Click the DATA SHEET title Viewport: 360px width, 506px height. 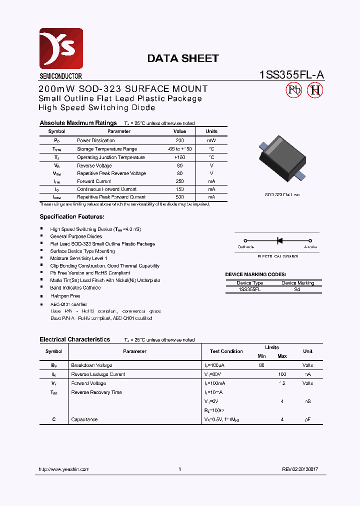click(x=182, y=58)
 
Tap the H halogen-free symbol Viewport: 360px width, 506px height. click(x=315, y=90)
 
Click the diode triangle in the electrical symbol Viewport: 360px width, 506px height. click(x=279, y=240)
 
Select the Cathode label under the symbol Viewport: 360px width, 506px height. click(x=245, y=247)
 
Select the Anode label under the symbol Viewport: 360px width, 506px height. click(x=310, y=247)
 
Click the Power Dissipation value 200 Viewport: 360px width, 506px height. click(x=179, y=141)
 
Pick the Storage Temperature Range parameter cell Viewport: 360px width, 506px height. click(x=106, y=149)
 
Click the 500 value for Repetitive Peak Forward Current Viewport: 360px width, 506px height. click(x=179, y=197)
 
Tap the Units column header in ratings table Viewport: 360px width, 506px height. click(x=211, y=131)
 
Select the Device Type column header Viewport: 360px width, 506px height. click(x=250, y=283)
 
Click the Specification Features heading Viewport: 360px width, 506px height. click(x=72, y=217)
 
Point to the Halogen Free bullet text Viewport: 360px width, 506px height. click(x=65, y=296)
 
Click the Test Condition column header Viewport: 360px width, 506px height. click(x=226, y=351)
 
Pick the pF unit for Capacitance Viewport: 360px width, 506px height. click(x=307, y=419)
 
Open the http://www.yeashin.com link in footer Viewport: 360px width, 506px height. click(x=64, y=469)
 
